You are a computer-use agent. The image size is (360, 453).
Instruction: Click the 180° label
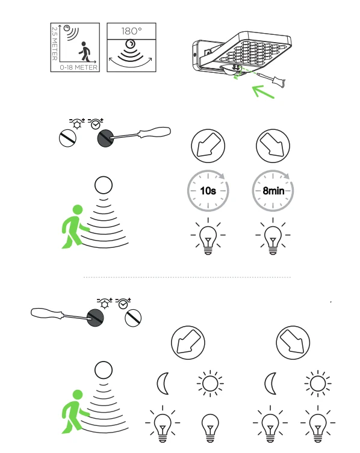click(131, 31)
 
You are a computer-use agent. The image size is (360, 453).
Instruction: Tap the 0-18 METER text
click(78, 67)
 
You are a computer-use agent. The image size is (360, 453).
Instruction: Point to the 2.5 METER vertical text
click(54, 43)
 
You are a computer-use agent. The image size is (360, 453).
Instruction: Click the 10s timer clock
click(208, 191)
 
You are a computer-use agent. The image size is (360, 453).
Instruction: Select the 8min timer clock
click(273, 191)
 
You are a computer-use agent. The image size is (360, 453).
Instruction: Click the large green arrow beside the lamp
click(263, 91)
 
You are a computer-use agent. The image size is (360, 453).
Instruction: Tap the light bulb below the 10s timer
click(208, 236)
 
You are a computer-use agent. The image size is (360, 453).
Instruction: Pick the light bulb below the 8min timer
click(273, 236)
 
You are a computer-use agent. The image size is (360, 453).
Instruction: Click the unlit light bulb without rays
click(210, 428)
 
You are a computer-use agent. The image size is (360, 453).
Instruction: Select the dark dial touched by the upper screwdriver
click(105, 138)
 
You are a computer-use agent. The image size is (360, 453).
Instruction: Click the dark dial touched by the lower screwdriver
click(96, 318)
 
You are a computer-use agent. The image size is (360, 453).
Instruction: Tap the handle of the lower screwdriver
click(46, 313)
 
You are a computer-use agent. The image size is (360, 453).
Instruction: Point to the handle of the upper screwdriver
click(155, 132)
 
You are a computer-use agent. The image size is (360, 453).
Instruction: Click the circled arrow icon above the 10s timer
click(208, 146)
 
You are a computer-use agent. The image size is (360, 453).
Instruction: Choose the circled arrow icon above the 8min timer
click(273, 146)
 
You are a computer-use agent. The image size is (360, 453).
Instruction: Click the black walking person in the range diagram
click(84, 51)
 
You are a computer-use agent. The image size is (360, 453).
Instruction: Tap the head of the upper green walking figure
click(78, 210)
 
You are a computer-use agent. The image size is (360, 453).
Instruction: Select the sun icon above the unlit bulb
click(210, 383)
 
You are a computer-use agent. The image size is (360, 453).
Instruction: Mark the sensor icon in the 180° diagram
click(130, 44)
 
